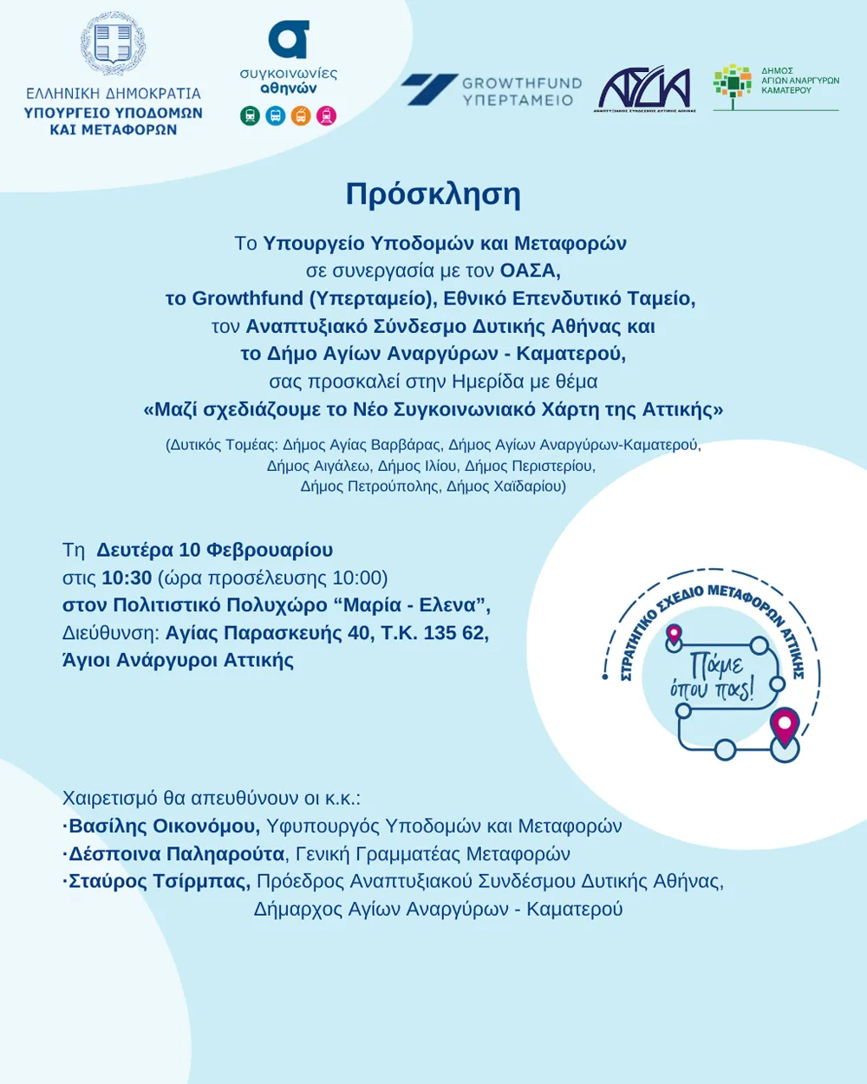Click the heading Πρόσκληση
433,194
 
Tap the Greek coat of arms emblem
113,43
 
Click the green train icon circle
250,115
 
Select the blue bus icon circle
276,115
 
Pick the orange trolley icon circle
301,115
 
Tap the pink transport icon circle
327,115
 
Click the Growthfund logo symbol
429,89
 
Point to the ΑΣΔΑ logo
645,88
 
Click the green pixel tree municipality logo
733,85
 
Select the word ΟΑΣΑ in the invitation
530,271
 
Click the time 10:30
127,578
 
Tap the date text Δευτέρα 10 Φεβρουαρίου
214,550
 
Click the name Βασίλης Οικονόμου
164,826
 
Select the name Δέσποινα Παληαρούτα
176,853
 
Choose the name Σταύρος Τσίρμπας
160,881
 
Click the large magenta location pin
785,726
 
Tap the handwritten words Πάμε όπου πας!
714,676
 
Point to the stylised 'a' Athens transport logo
289,40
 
